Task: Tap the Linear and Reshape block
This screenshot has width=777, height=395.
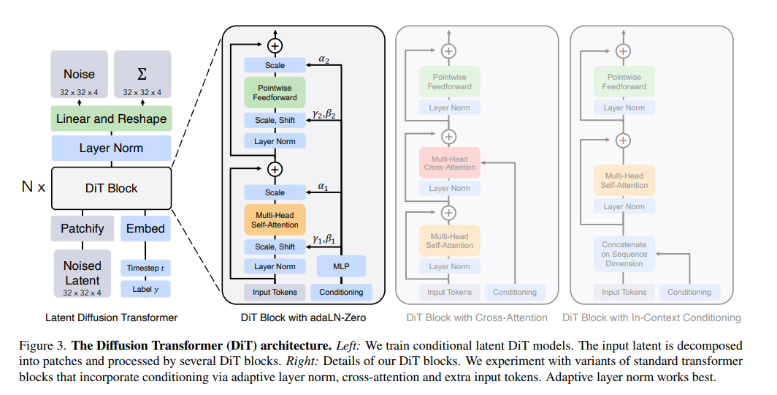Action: [111, 118]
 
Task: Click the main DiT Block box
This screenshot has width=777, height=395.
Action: [111, 188]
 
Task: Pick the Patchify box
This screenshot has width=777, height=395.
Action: [82, 228]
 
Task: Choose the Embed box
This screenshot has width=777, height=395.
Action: [145, 228]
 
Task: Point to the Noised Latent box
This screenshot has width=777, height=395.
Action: [82, 273]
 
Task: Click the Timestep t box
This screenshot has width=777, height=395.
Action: [145, 268]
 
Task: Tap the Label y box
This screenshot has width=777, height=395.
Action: [145, 289]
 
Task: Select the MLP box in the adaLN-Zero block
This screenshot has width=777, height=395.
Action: [341, 266]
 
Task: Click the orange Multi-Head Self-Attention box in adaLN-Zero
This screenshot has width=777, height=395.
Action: [275, 219]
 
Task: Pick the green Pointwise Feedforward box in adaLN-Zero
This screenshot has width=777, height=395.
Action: [275, 92]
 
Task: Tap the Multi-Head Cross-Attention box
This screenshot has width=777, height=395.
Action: [449, 162]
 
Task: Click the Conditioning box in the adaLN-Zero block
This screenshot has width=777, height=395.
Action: [341, 292]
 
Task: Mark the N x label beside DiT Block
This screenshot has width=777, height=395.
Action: [34, 187]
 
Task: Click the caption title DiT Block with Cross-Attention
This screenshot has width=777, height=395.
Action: [477, 317]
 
